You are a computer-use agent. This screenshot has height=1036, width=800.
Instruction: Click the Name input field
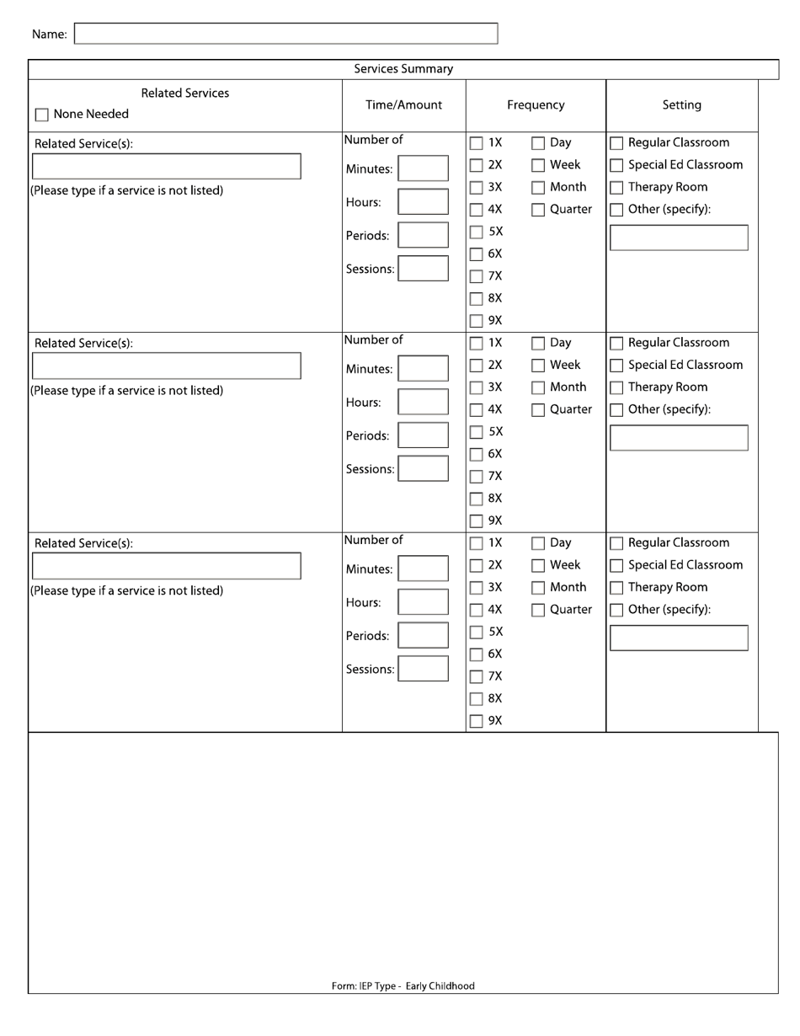(286, 34)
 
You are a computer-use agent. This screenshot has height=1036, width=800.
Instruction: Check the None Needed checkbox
(42, 115)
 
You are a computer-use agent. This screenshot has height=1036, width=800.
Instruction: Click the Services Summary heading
(403, 69)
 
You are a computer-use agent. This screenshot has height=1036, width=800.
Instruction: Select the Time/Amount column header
(403, 105)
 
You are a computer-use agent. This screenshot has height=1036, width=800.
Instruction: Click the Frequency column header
(536, 105)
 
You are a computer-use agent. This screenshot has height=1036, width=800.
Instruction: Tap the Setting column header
(681, 105)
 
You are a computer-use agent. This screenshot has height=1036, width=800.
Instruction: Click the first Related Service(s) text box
(166, 166)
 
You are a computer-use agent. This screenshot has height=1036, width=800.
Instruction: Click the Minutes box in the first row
(423, 168)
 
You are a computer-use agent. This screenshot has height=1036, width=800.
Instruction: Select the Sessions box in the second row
(423, 468)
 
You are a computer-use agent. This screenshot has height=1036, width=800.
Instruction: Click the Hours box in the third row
(423, 601)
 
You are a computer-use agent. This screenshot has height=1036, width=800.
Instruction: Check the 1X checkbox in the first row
(477, 143)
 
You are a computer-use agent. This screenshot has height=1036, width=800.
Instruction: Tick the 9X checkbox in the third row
(477, 721)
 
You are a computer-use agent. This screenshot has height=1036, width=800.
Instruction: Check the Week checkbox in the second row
(538, 366)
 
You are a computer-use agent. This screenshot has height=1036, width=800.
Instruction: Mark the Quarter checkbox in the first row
(538, 210)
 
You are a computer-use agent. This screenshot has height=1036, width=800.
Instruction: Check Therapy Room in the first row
(616, 188)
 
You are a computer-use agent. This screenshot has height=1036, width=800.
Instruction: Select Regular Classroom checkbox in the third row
(616, 543)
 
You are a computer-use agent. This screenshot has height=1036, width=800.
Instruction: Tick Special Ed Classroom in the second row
(616, 366)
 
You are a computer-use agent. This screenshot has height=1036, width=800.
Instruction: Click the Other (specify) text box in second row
(678, 438)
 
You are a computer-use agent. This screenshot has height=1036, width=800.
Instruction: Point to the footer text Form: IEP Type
(403, 985)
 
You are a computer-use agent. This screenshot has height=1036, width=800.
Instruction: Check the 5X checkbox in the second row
(477, 432)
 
